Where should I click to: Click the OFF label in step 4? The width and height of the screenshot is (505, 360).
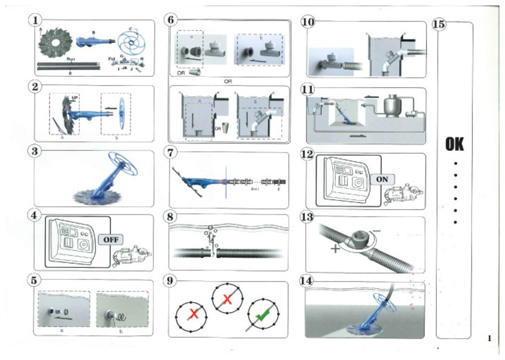coord(111,239)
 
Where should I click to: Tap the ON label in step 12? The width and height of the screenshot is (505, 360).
coord(383,179)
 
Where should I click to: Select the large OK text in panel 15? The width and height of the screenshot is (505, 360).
coord(454,144)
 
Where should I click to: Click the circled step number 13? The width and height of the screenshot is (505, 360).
coord(307,217)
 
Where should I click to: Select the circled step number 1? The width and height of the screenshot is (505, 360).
coord(35,21)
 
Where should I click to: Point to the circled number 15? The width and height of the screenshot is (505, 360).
coord(439,24)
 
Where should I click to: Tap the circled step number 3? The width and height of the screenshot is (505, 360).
coord(35,150)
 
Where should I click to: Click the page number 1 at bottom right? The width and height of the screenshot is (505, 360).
coord(489,338)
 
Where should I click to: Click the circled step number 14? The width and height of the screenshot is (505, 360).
coord(307,281)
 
